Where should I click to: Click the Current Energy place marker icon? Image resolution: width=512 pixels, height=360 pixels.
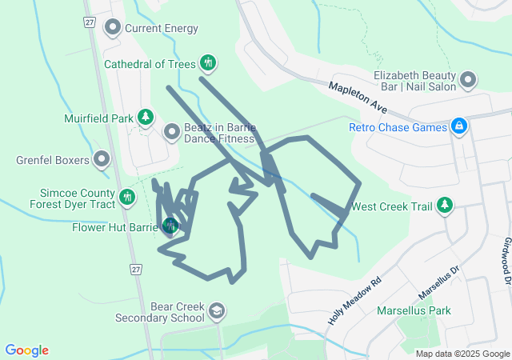tap(113, 29)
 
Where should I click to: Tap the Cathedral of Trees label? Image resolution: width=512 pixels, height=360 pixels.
tap(150, 63)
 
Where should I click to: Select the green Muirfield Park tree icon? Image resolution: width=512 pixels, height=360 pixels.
tap(146, 118)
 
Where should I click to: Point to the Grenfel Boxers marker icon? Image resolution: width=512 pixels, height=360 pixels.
tap(102, 160)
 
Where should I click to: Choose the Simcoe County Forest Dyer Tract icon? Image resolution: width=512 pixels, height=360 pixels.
tap(127, 197)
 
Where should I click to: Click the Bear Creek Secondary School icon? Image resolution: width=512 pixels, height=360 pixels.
tap(217, 310)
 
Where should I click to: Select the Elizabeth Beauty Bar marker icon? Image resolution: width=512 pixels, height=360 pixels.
tap(468, 81)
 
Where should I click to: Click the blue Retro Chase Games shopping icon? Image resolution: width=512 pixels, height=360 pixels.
tap(458, 126)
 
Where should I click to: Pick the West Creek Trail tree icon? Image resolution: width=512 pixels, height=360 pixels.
tap(446, 206)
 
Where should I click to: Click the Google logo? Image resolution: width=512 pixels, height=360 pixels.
tap(26, 350)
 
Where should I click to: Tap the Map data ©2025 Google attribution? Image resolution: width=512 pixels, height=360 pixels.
tap(462, 354)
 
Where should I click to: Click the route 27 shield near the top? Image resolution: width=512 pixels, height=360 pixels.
tap(88, 22)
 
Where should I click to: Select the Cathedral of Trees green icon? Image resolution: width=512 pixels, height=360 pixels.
tap(208, 62)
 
